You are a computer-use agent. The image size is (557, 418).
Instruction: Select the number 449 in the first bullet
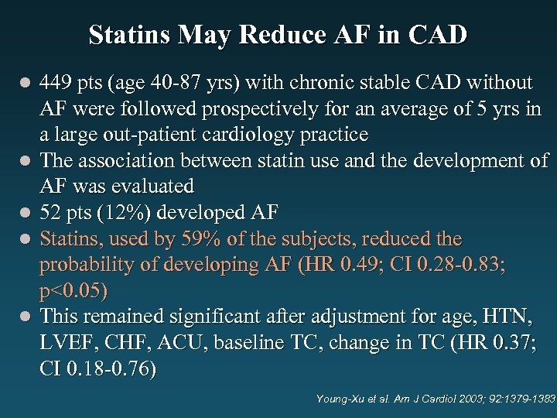pos(56,82)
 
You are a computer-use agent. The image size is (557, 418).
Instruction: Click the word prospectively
pos(261,108)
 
